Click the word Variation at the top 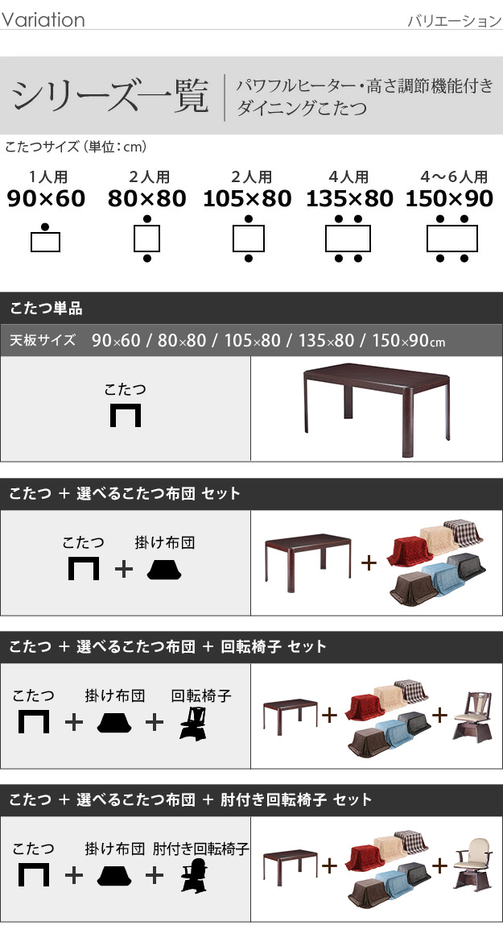(43, 19)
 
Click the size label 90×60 (46, 198)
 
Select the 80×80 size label (147, 198)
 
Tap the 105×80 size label (247, 198)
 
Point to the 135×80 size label (349, 198)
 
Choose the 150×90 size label (449, 198)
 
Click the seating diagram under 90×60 (45, 238)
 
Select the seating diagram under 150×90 (452, 239)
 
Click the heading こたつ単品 (46, 309)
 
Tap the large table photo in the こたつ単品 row (377, 409)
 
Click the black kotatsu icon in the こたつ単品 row (126, 415)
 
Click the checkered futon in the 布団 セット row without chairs (464, 532)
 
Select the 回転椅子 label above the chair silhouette (200, 695)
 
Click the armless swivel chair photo (472, 716)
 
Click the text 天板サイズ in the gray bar (43, 340)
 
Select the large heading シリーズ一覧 (110, 96)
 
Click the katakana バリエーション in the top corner (455, 21)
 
